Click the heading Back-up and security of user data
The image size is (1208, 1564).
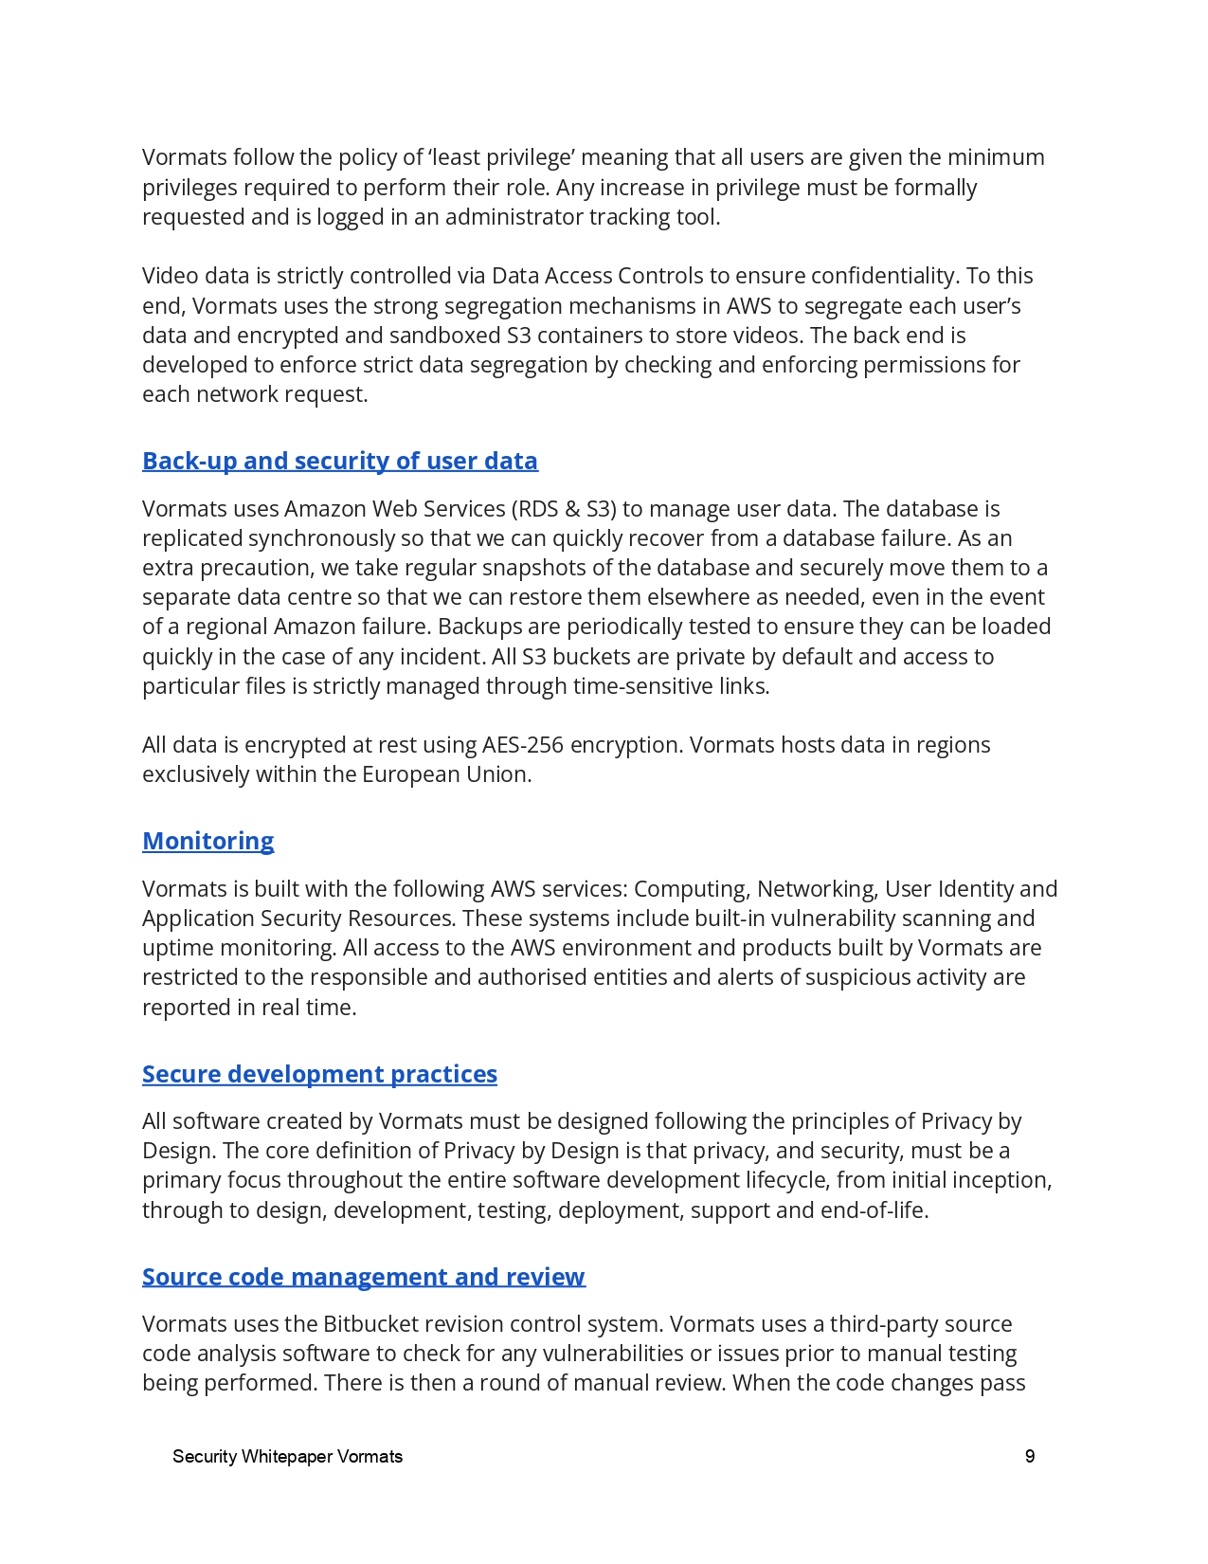tap(339, 462)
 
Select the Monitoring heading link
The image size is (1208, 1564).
tap(207, 842)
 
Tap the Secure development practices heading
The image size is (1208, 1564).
tap(319, 1075)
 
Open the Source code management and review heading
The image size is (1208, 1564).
tap(363, 1278)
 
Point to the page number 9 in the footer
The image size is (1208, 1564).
tap(1030, 1457)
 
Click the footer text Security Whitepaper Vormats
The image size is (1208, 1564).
tap(287, 1457)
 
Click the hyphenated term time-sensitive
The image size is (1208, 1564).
tap(642, 686)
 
